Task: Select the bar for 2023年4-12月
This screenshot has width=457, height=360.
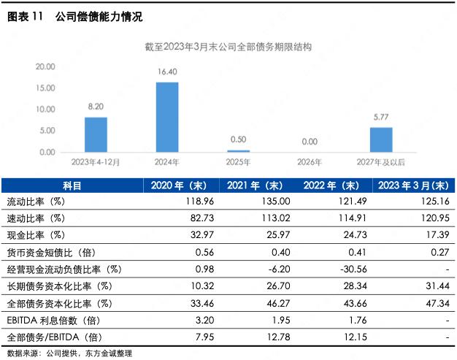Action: pos(96,134)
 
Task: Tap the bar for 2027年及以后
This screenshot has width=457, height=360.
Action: pos(381,139)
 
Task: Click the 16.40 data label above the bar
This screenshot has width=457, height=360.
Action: pos(167,72)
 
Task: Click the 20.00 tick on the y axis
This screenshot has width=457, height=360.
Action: pos(46,66)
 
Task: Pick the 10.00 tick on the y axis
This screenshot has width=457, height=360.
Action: pos(46,110)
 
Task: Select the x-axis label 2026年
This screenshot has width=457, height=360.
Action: pos(310,162)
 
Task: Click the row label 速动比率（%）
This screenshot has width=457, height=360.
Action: pos(37,218)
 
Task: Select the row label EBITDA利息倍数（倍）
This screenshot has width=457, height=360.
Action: pos(53,321)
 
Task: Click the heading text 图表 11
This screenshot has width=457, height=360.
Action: pos(26,15)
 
